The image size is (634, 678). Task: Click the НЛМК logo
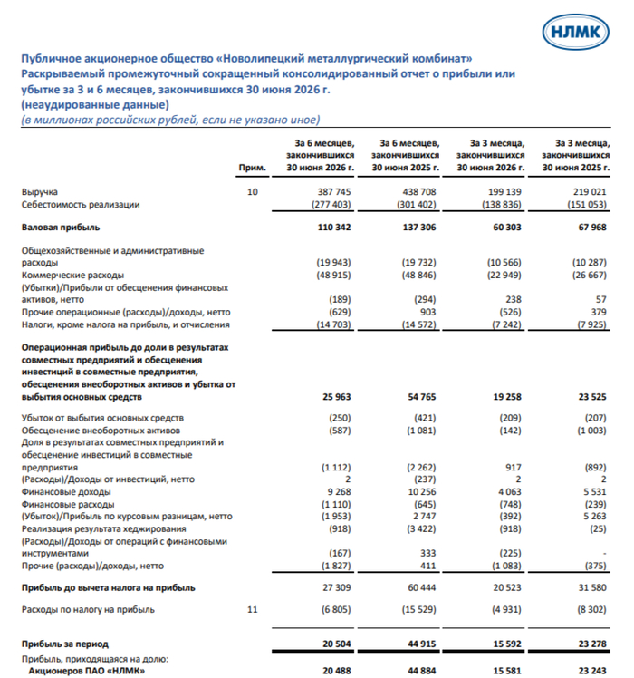click(x=575, y=32)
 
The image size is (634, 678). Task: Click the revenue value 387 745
click(x=334, y=191)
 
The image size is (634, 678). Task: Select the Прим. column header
click(x=253, y=168)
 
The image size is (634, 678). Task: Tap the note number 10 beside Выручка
click(x=253, y=191)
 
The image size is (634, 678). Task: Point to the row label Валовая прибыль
click(x=61, y=228)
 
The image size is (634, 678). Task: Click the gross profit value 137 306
click(x=419, y=228)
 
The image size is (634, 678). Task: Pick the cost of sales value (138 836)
click(x=502, y=205)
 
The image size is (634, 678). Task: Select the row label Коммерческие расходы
click(x=72, y=275)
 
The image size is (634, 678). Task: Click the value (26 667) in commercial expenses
click(x=590, y=275)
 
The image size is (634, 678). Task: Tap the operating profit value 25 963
click(x=336, y=397)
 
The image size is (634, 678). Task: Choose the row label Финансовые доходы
click(x=66, y=492)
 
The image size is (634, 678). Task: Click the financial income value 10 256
click(x=422, y=492)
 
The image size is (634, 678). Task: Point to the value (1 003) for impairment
click(x=591, y=431)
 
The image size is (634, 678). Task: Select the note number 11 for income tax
click(x=253, y=610)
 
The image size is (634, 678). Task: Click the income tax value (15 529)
click(x=417, y=610)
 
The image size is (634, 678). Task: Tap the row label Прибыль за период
click(x=65, y=644)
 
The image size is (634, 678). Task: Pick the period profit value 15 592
click(x=507, y=644)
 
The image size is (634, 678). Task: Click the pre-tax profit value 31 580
click(x=592, y=587)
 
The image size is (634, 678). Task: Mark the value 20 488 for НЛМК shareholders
click(x=336, y=671)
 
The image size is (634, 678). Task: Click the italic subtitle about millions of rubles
click(x=170, y=120)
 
